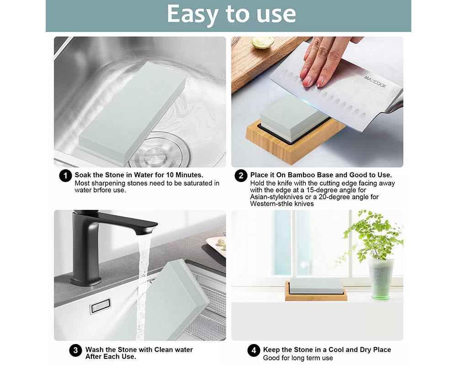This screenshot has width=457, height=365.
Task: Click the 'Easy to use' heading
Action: (231, 14)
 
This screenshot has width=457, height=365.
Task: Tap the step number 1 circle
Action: (65, 176)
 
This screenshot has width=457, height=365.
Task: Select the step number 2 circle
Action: (241, 176)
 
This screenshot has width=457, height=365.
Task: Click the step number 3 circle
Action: (75, 350)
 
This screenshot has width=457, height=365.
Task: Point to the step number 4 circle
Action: (254, 350)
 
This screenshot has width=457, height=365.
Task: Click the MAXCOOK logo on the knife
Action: (375, 82)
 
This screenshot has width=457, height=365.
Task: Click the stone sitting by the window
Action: (316, 286)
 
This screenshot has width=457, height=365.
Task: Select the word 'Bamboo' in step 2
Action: (302, 175)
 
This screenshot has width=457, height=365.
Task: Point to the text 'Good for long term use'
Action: (298, 358)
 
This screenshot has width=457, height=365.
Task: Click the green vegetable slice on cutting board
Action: (263, 42)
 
